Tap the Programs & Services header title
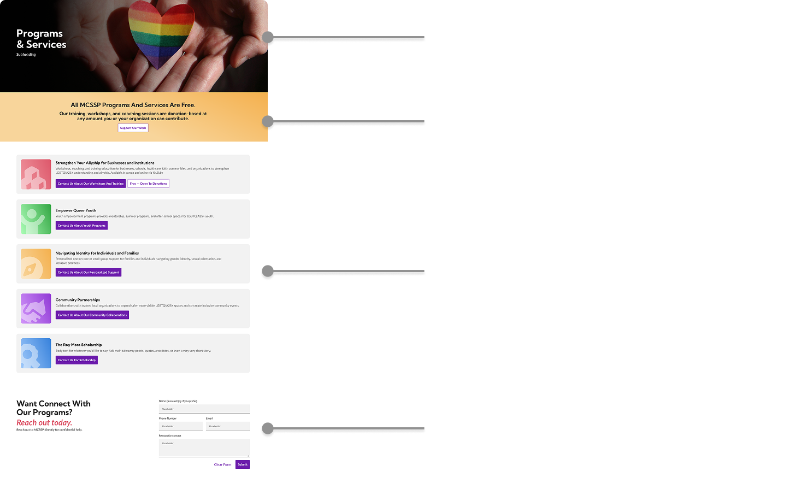pyautogui.click(x=41, y=39)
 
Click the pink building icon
pyautogui.click(x=36, y=174)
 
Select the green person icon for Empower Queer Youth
pyautogui.click(x=36, y=219)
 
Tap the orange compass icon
pyautogui.click(x=36, y=264)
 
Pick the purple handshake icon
pyautogui.click(x=36, y=308)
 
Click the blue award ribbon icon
pyautogui.click(x=36, y=353)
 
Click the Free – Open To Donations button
pyautogui.click(x=149, y=184)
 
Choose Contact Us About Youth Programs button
pyautogui.click(x=81, y=226)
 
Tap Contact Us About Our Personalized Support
pyautogui.click(x=89, y=272)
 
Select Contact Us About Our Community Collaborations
pyautogui.click(x=92, y=315)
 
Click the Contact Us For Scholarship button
pyautogui.click(x=77, y=360)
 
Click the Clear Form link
pyautogui.click(x=222, y=464)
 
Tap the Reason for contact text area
pyautogui.click(x=204, y=448)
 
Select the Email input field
pyautogui.click(x=227, y=426)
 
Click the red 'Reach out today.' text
pyautogui.click(x=44, y=422)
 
